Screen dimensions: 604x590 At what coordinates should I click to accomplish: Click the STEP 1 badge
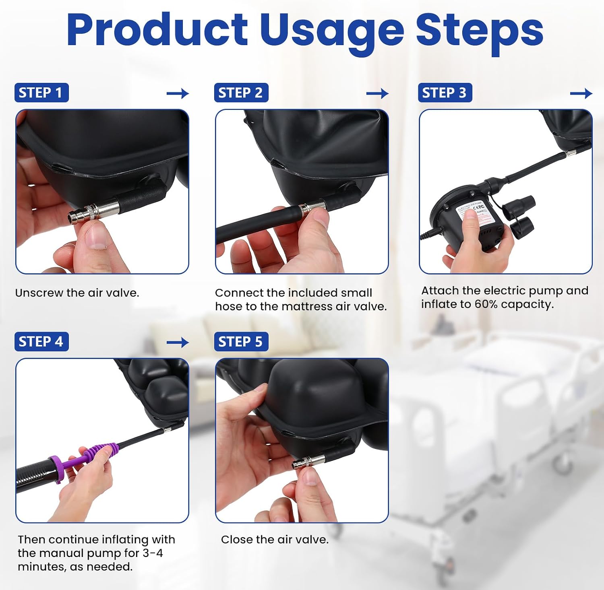[x=41, y=93]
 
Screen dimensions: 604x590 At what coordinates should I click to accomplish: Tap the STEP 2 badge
[x=241, y=93]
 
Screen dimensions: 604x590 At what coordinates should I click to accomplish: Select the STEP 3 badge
[x=445, y=93]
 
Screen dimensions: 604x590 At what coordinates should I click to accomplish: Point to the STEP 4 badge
[x=41, y=342]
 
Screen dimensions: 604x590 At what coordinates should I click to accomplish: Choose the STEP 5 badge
[x=241, y=342]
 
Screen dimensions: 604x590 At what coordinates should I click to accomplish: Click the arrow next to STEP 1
[x=178, y=93]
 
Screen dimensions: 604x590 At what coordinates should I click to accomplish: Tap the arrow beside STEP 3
[x=581, y=93]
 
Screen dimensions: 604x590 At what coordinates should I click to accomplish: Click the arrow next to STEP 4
[x=178, y=342]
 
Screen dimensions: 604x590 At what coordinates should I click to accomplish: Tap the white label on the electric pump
[x=472, y=214]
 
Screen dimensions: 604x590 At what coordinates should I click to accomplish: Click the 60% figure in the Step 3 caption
[x=486, y=304]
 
